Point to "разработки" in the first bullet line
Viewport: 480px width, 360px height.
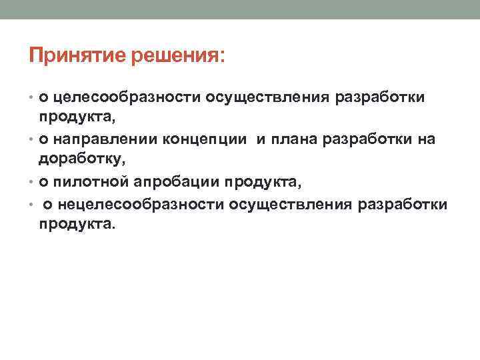(379, 98)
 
